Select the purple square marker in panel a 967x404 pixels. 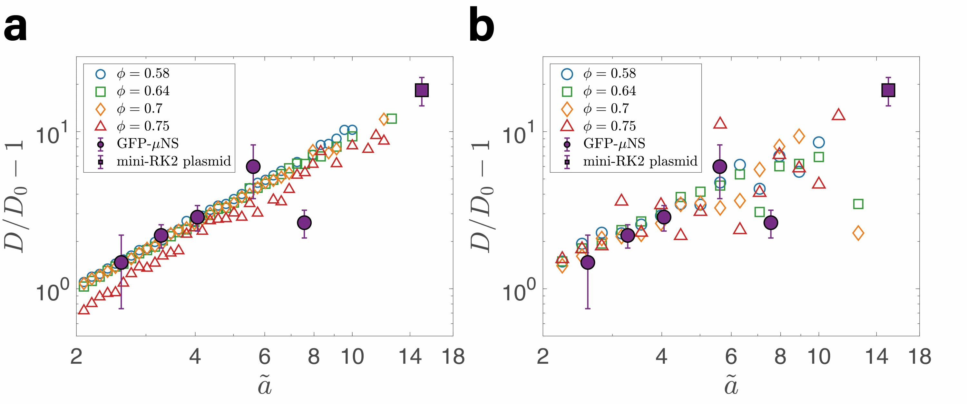click(422, 91)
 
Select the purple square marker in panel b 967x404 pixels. click(888, 91)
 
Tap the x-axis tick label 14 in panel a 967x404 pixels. click(410, 356)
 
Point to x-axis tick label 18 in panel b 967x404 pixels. click(920, 356)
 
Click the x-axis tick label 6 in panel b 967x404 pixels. click(731, 356)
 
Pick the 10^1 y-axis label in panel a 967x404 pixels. click(53, 134)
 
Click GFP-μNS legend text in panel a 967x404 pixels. click(148, 143)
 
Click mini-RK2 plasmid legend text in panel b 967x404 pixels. click(640, 161)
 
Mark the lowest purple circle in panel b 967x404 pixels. click(588, 262)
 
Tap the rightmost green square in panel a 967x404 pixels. click(391, 119)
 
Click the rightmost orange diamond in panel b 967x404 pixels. click(858, 233)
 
